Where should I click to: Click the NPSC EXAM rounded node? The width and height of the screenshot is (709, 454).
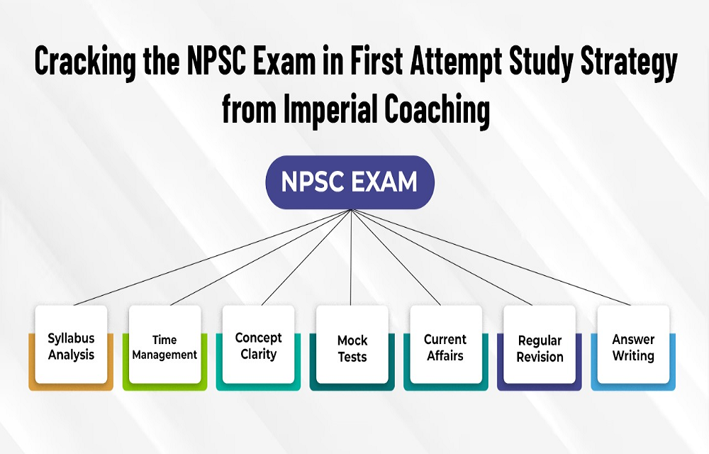pyautogui.click(x=350, y=182)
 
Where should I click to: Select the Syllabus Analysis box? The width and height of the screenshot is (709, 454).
pyautogui.click(x=71, y=348)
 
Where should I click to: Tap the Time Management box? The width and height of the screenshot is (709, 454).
pyautogui.click(x=164, y=348)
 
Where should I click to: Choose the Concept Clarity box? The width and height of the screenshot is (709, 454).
pyautogui.click(x=258, y=348)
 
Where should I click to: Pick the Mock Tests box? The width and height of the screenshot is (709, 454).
pyautogui.click(x=352, y=348)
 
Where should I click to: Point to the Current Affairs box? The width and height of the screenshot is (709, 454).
pyautogui.click(x=446, y=348)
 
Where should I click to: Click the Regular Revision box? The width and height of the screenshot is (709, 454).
pyautogui.click(x=540, y=348)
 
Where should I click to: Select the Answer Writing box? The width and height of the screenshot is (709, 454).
pyautogui.click(x=633, y=348)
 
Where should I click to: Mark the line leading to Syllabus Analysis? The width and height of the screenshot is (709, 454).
pyautogui.click(x=212, y=258)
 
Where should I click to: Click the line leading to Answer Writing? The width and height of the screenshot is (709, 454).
pyautogui.click(x=491, y=258)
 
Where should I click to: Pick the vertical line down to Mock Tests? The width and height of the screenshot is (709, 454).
pyautogui.click(x=352, y=258)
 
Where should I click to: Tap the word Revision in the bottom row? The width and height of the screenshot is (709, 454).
pyautogui.click(x=540, y=357)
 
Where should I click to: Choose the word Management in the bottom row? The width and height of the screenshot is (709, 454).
pyautogui.click(x=164, y=355)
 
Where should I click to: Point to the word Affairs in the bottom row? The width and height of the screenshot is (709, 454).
pyautogui.click(x=445, y=356)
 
